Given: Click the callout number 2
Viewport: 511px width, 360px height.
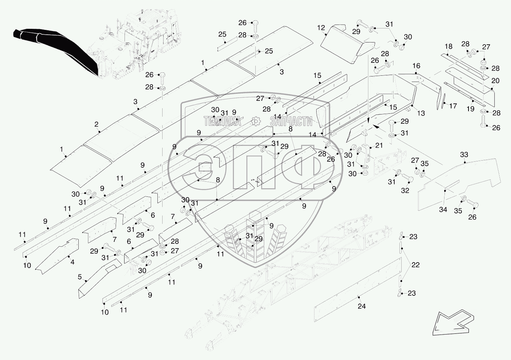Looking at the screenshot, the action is [96, 124].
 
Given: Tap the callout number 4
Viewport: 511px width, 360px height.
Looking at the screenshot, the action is [72, 262].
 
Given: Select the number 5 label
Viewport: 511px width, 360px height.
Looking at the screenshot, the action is [79, 277].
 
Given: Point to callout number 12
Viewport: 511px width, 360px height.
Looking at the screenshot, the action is [321, 28].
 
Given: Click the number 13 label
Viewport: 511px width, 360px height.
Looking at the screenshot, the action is [421, 113].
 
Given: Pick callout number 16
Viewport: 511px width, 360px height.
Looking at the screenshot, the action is [416, 66].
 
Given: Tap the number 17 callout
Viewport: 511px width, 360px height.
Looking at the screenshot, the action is [453, 106].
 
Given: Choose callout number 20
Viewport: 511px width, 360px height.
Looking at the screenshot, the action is [495, 81].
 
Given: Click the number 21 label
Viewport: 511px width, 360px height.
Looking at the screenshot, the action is [379, 145].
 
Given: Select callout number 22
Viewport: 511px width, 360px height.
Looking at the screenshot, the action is [415, 265].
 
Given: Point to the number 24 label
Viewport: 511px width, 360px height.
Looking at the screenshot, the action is [362, 306].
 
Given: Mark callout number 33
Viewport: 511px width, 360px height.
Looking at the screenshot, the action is [464, 155].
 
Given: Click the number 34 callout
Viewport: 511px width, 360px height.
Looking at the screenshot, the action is [443, 209].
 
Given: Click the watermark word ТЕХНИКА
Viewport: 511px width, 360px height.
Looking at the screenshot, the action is [222, 121].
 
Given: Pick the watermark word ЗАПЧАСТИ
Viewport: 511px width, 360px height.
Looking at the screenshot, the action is [291, 121].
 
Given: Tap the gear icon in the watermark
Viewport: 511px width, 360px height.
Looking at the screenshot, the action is [256, 121].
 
